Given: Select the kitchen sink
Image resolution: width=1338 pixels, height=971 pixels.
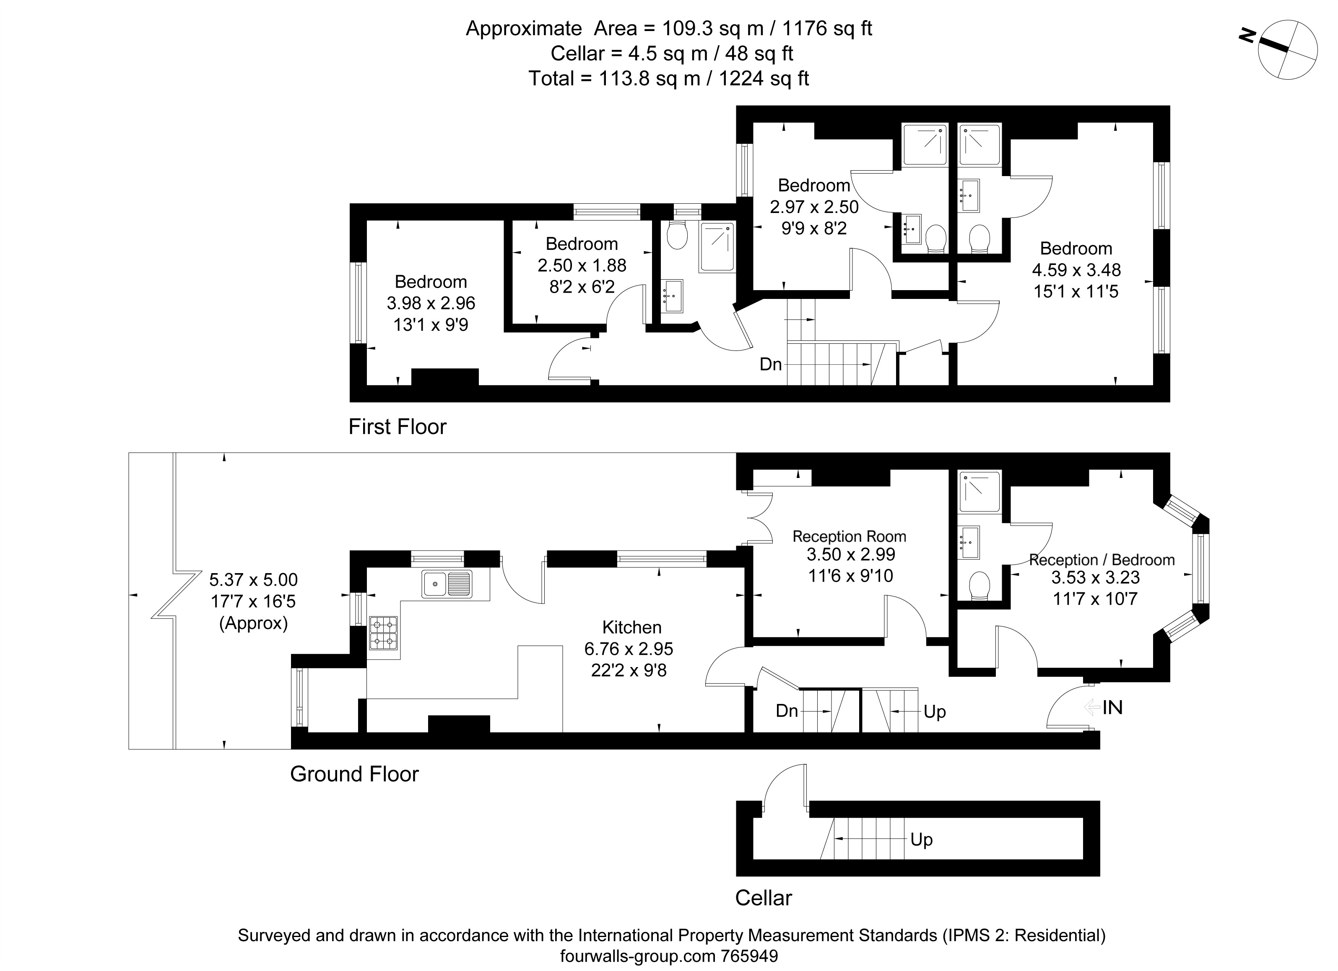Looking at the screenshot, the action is (447, 584).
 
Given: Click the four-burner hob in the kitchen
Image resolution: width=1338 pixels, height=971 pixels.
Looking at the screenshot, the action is (383, 633).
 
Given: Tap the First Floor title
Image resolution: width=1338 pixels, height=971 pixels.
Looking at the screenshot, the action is (398, 426).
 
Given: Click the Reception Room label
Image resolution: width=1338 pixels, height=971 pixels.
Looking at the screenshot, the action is (850, 536).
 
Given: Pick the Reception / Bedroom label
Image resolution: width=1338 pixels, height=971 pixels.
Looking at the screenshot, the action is (1102, 560).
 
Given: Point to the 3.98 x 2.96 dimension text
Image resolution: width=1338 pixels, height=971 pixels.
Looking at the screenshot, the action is (431, 303).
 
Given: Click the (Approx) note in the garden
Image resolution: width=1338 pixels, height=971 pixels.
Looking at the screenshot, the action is (254, 623).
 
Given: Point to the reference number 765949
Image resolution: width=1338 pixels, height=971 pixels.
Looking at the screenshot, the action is (750, 956).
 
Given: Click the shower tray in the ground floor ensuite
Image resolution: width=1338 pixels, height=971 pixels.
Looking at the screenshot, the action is (980, 491).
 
